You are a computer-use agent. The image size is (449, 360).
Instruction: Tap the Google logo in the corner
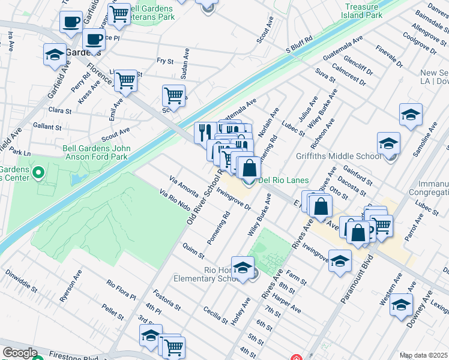20,353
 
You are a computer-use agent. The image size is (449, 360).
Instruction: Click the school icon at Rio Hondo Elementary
243,268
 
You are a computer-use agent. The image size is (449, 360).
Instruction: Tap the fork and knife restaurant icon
205,132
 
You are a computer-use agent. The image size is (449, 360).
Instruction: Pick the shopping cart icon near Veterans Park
119,13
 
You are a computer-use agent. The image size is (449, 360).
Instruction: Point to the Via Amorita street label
184,186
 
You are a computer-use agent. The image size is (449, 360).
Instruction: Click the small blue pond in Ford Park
76,179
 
